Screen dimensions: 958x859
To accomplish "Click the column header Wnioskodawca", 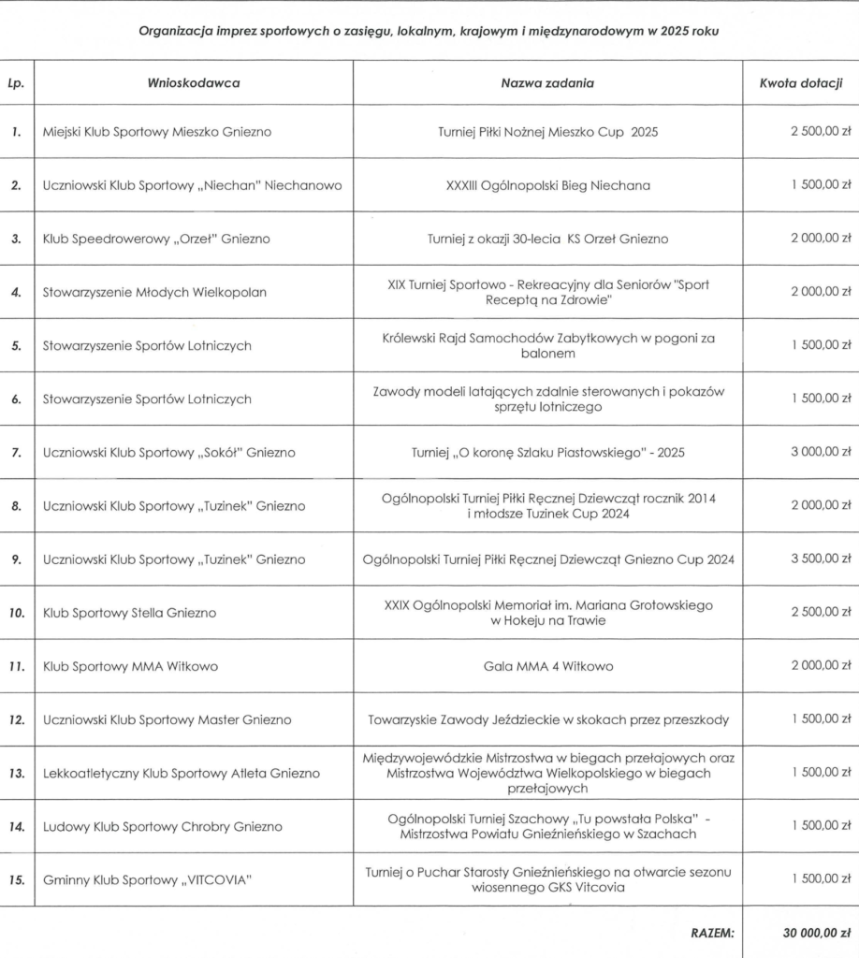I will pos(194,83).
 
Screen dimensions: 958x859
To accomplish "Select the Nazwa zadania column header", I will pos(547,83).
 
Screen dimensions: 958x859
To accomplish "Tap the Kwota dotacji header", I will pos(801,83).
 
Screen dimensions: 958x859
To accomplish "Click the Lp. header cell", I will pos(16,83).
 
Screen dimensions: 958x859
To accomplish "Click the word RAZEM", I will pos(712,933).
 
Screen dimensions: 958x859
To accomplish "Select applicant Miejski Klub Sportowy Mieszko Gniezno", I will pos(157,132).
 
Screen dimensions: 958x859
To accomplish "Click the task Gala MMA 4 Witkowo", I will pos(547,666).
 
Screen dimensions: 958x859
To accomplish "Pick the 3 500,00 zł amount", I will pos(821,559).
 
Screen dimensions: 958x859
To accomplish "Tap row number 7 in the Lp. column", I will pos(16,453).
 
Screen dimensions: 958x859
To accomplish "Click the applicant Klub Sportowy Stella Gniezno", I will pos(129,613).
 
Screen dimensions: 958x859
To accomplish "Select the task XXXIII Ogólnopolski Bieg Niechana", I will pos(547,185).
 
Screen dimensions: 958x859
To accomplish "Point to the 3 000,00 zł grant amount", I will pos(821,453).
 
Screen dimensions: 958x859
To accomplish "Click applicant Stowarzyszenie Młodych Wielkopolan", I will pos(154,292).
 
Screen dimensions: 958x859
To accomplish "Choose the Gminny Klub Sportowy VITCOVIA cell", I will pos(147,880).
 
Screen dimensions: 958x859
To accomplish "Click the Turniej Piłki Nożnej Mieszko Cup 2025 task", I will pos(547,132).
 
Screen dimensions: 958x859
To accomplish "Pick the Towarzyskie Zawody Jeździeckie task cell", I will pos(547,719).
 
